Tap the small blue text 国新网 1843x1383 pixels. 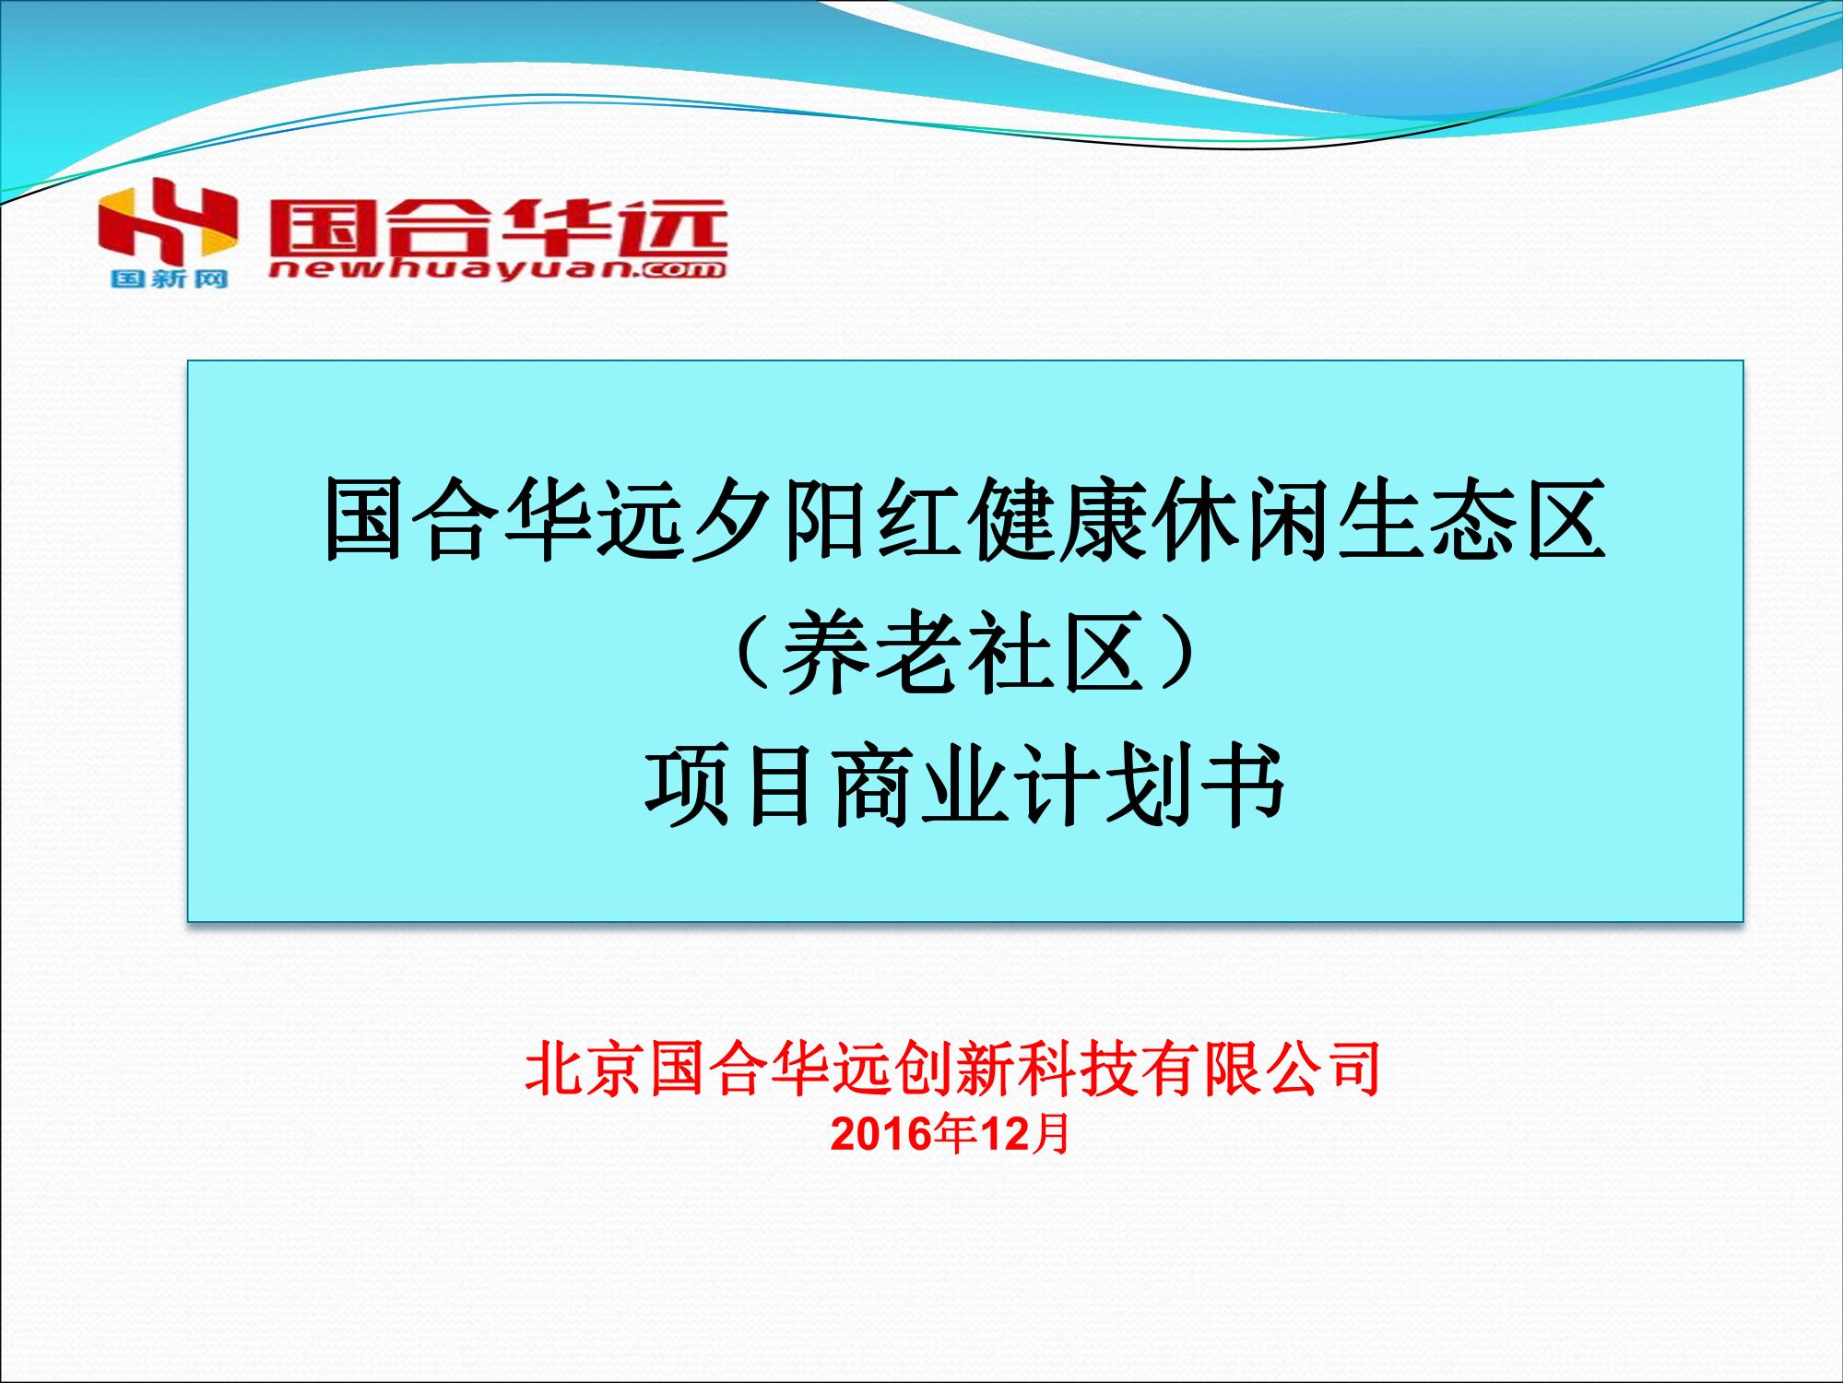pos(169,278)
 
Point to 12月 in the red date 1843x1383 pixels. pos(1023,1133)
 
